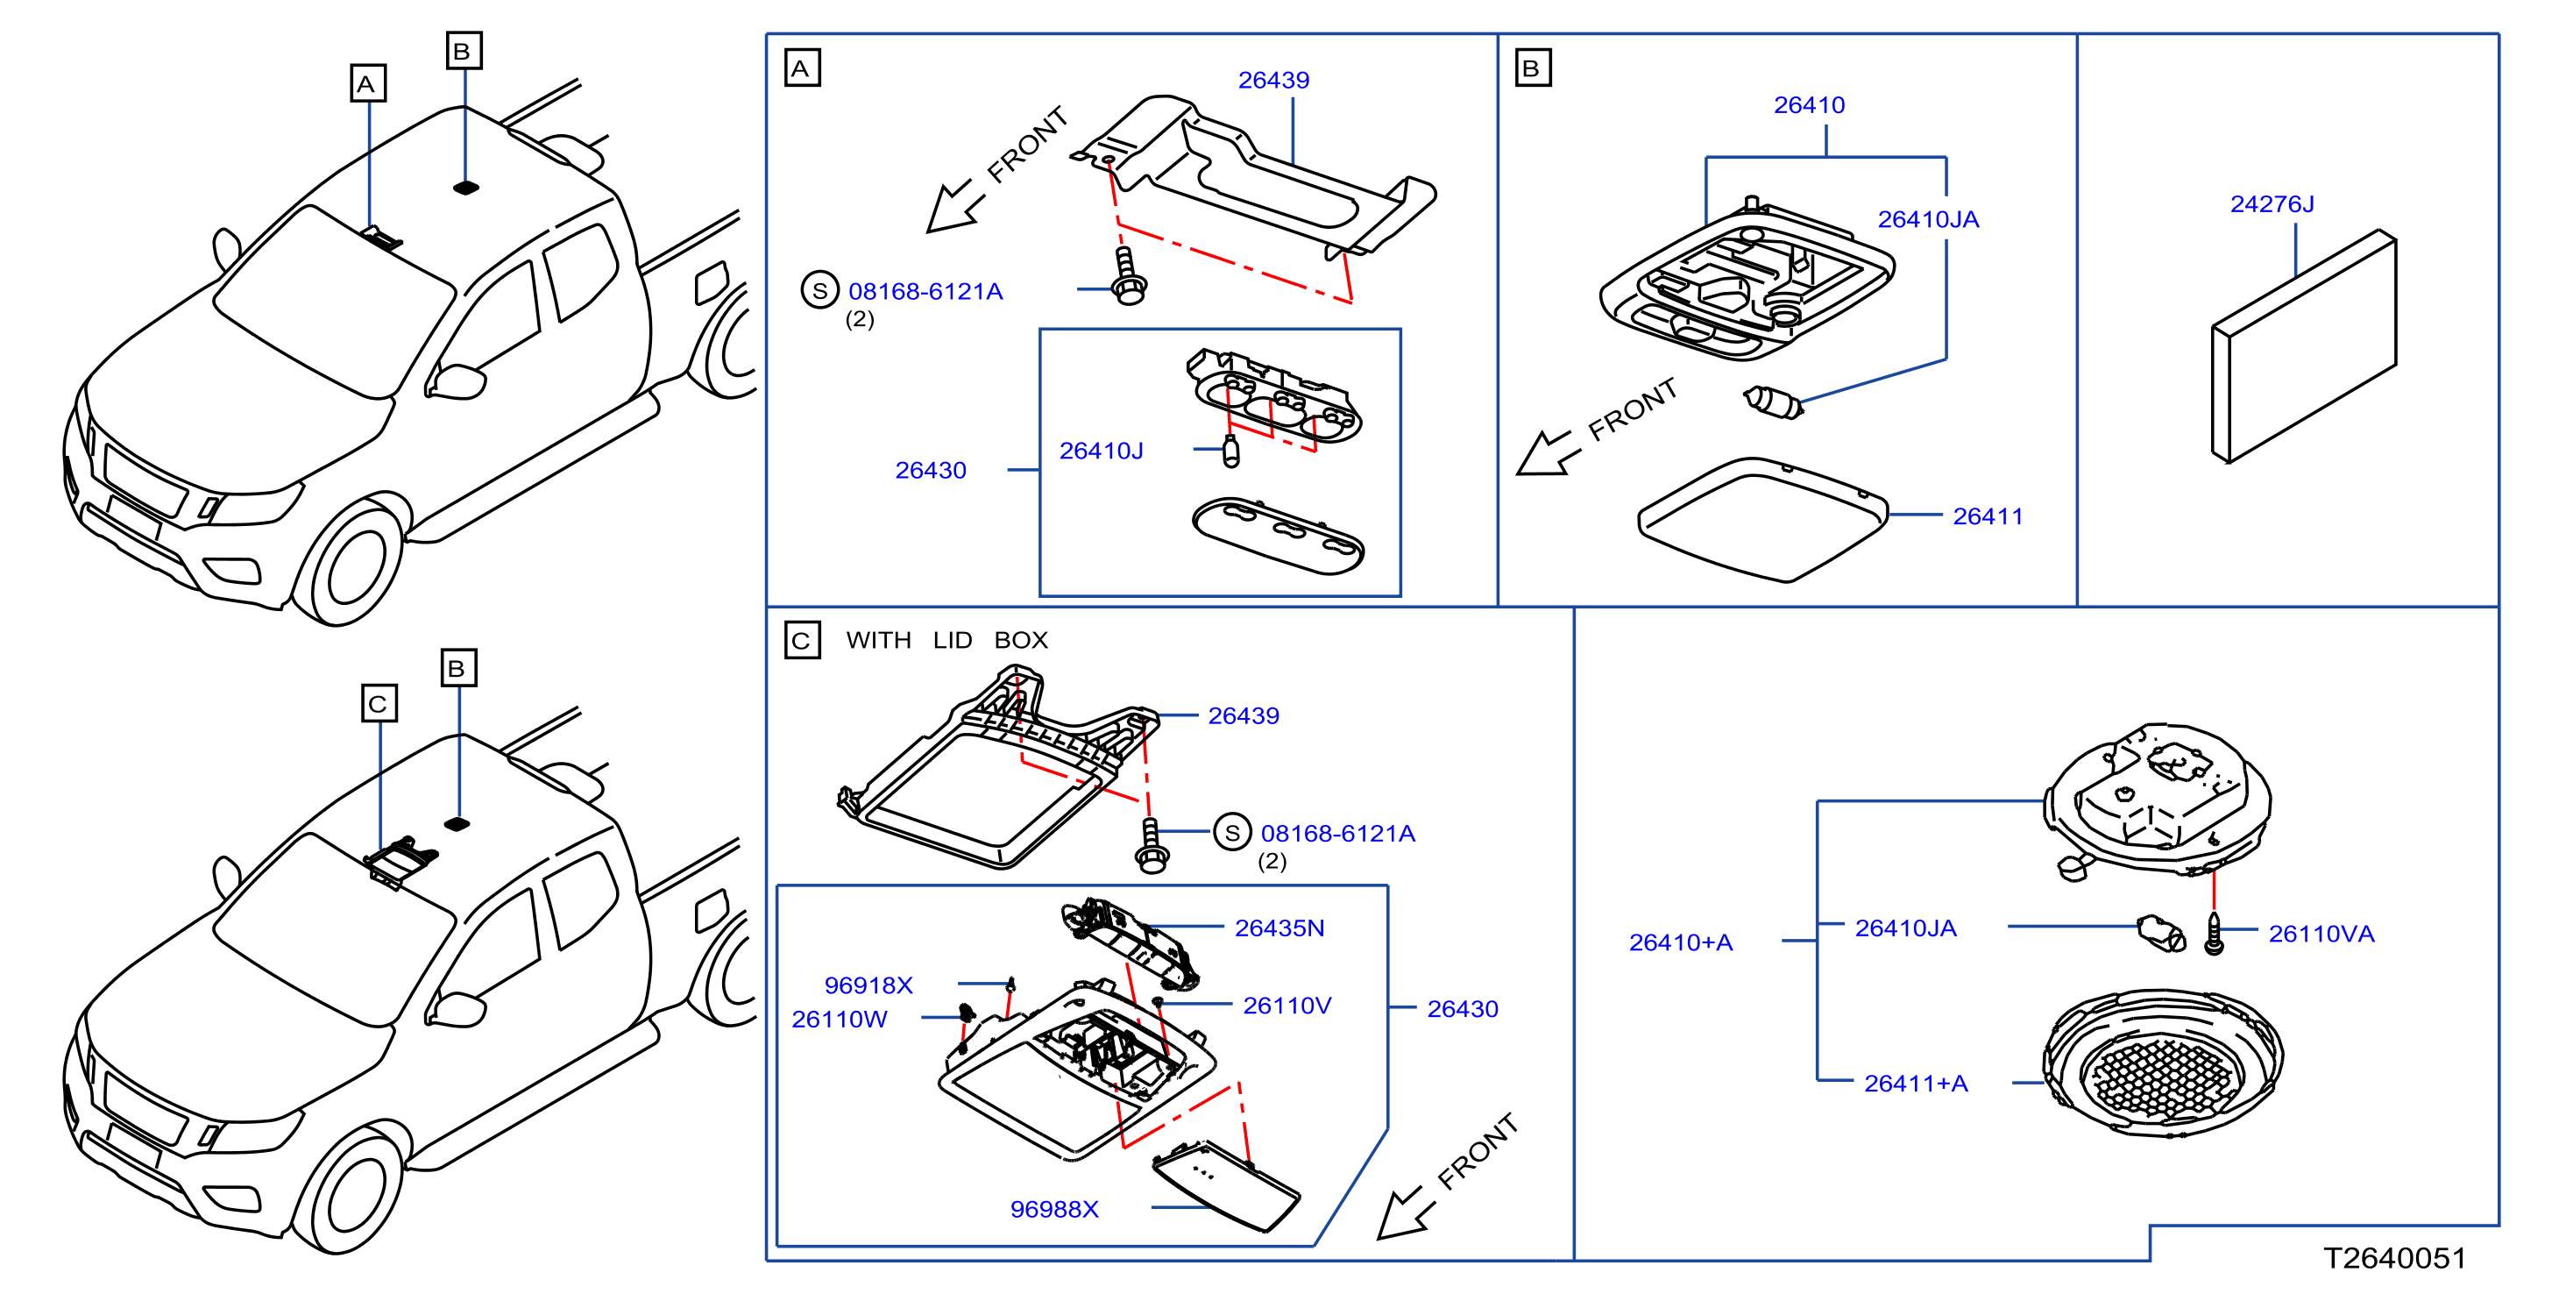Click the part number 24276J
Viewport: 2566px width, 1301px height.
coord(2272,204)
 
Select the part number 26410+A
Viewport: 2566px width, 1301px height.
coord(1681,942)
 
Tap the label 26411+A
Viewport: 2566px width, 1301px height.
coord(1916,1084)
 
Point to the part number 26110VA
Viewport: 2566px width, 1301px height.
coord(2321,935)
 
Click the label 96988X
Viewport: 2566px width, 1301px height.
coord(1054,1209)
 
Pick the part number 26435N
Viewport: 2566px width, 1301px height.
coord(1279,928)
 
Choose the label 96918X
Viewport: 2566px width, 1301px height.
coord(868,985)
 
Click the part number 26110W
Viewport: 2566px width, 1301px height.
coord(839,1019)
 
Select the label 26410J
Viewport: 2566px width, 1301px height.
coord(1101,451)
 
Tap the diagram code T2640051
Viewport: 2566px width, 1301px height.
coord(2394,1258)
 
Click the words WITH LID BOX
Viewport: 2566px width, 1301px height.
coord(946,641)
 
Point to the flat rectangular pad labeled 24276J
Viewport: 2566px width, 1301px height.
coord(2303,346)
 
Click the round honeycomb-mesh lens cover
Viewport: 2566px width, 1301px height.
coord(2163,1063)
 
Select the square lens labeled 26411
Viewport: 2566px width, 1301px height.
coord(1763,519)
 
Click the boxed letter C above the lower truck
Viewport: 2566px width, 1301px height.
coord(379,704)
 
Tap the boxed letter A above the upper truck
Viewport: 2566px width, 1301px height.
coord(367,83)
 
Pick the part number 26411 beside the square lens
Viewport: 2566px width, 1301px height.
coord(1988,517)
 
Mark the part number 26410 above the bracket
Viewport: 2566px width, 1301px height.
coord(1809,105)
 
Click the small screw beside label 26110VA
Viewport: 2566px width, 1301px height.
coord(2214,935)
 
